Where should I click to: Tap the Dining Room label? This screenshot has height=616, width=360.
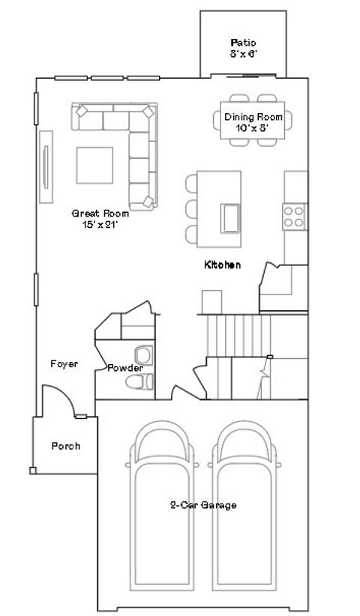253,121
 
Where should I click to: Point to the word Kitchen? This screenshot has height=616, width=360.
222,265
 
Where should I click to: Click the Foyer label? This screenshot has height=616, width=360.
64,364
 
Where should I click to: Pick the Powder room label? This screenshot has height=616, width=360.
124,368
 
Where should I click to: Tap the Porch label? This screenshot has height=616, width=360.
65,447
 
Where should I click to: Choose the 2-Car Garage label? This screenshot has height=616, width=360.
202,505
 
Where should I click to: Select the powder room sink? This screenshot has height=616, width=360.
142,354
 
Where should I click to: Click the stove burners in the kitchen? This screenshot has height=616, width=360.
294,217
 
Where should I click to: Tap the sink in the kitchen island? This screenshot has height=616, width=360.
230,218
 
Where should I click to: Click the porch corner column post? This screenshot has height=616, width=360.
32,471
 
